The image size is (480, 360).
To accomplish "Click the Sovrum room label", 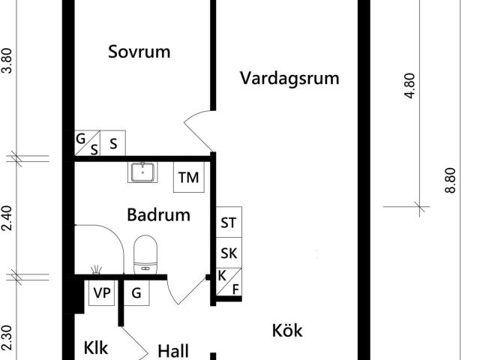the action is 139,52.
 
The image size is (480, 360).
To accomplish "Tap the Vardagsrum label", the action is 289,78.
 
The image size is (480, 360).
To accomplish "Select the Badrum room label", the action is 158,214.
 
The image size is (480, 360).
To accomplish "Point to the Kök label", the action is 287,331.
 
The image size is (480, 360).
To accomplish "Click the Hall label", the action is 173,351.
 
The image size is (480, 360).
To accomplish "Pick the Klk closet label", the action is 95,348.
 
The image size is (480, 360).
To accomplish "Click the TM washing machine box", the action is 188,177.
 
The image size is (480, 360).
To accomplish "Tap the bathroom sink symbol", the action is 142,172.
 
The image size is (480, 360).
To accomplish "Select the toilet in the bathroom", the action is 145,255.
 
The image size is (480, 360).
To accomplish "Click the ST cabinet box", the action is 229,222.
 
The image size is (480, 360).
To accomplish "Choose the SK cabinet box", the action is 229,253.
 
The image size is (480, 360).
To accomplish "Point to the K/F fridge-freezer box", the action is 229,282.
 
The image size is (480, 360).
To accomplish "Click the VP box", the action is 102,293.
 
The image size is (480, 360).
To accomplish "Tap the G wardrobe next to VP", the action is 136,293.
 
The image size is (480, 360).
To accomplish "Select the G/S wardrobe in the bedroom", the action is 87,143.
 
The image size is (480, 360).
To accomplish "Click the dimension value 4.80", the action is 409,85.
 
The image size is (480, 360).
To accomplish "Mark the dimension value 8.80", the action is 450,180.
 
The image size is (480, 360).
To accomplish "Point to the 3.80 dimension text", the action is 7,61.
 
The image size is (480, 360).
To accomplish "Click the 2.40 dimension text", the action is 7,218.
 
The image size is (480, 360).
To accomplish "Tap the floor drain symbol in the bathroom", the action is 97,269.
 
